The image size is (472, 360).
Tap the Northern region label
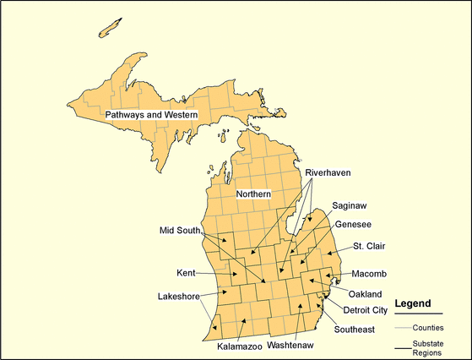(x=253, y=194)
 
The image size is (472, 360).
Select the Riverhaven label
(x=328, y=172)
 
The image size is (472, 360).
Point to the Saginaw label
(x=350, y=205)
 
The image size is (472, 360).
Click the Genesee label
(x=353, y=225)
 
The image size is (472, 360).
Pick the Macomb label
(x=369, y=274)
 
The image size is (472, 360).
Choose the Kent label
(x=187, y=273)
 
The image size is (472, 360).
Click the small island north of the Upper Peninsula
(x=109, y=27)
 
